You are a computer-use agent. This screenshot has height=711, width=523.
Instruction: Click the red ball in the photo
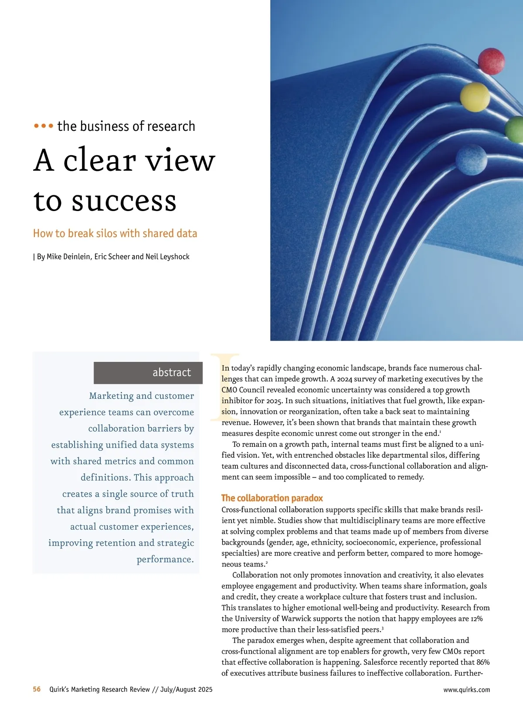(x=491, y=61)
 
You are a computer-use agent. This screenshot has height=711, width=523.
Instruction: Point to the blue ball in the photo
(x=471, y=160)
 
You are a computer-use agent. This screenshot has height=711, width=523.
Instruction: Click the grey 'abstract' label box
(x=148, y=373)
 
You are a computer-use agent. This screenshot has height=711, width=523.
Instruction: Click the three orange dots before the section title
(x=44, y=126)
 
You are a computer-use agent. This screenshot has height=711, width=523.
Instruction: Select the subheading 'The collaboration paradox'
(x=272, y=498)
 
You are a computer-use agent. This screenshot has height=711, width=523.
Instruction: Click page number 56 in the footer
(x=37, y=689)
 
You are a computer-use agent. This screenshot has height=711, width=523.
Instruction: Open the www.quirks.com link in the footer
(x=466, y=690)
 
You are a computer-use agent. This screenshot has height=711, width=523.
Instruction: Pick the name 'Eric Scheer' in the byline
(x=112, y=257)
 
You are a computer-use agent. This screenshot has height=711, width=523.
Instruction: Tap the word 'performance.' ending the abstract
(x=165, y=559)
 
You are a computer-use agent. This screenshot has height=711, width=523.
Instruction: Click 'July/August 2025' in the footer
(x=186, y=690)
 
